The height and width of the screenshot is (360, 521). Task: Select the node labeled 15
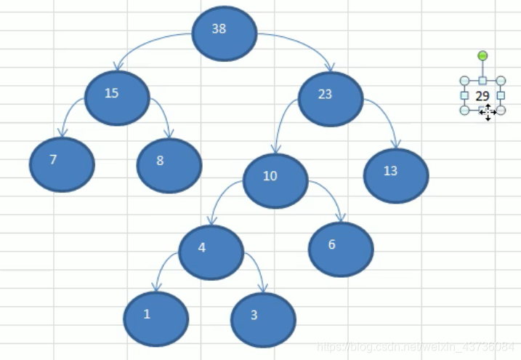point(117,97)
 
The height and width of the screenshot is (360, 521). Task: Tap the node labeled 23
point(331,99)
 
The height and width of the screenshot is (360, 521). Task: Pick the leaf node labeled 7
point(62,164)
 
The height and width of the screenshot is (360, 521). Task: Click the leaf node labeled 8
point(169,165)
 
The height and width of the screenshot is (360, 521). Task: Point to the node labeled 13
point(396,175)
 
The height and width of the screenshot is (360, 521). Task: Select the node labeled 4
point(211,252)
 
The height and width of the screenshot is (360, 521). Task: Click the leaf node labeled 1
point(156,319)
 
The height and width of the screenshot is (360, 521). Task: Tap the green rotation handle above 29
point(482,55)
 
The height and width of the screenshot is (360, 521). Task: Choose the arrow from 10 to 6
point(331,195)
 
